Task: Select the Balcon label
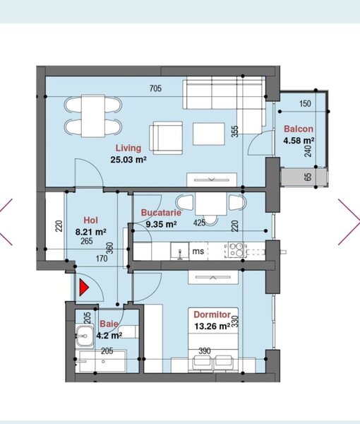coord(299,129)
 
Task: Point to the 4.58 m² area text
coord(299,141)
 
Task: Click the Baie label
coord(109,324)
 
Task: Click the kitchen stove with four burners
coord(235,249)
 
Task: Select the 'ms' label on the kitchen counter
coord(199,249)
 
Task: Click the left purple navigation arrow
coord(8,221)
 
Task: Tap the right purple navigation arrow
coord(349,221)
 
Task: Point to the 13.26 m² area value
coord(212,326)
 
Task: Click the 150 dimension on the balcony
coord(305,104)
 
